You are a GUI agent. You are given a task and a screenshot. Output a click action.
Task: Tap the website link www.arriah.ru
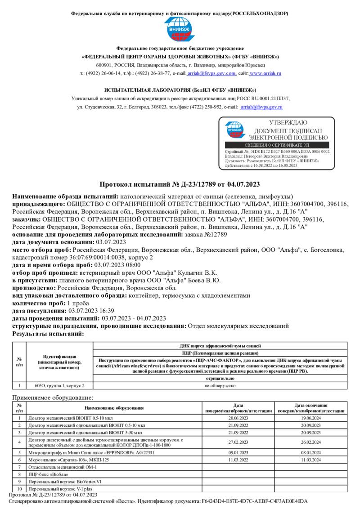pyautogui.click(x=265, y=73)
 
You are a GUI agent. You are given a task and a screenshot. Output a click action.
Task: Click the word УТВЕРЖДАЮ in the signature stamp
pyautogui.click(x=288, y=123)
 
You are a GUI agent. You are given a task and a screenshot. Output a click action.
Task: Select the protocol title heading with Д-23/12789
pyautogui.click(x=180, y=185)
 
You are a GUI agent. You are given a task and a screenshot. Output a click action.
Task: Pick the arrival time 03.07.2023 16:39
pyautogui.click(x=90, y=311)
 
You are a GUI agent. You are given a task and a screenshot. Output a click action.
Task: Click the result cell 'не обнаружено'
pyautogui.click(x=220, y=385)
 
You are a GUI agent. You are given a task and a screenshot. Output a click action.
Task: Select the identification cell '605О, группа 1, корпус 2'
pyautogui.click(x=59, y=385)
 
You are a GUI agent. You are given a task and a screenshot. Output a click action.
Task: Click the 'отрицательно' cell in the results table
pyautogui.click(x=220, y=379)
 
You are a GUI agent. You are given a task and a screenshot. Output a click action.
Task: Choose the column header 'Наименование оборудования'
pyautogui.click(x=114, y=408)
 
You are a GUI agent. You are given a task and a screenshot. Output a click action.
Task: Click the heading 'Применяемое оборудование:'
pyautogui.click(x=53, y=397)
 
